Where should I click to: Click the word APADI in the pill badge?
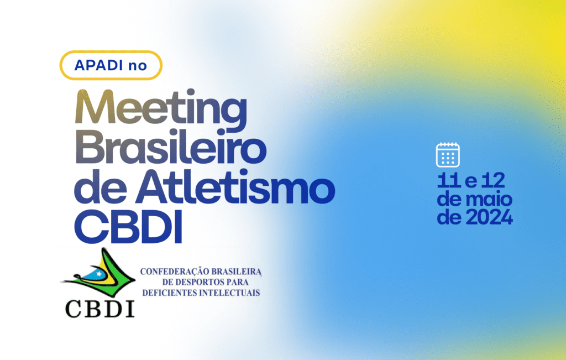[99, 65]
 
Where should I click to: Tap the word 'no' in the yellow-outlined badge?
[138, 66]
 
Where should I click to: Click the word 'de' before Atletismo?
[101, 188]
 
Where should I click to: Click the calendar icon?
[448, 155]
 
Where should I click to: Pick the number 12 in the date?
[493, 180]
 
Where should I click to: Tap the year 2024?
[489, 217]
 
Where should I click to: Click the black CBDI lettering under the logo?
[100, 309]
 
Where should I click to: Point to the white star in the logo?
[99, 274]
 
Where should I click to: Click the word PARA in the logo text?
[238, 282]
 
